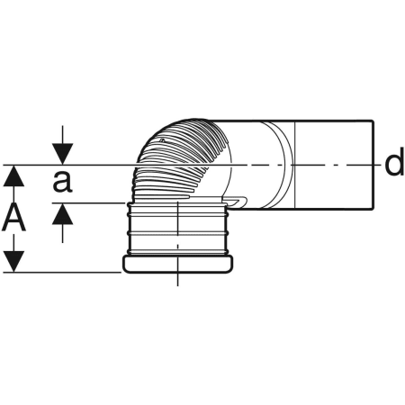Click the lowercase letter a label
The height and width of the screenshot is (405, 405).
click(x=62, y=182)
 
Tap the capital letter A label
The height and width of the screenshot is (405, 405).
click(x=13, y=217)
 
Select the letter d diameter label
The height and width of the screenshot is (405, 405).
click(x=394, y=164)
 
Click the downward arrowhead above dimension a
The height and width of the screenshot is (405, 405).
click(x=62, y=154)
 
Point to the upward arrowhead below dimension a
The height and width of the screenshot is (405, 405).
click(x=62, y=213)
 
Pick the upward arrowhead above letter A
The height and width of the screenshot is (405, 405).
click(x=13, y=175)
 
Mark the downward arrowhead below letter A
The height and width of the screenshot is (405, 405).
click(x=13, y=262)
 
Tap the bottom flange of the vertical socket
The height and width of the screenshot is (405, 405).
click(x=178, y=265)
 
